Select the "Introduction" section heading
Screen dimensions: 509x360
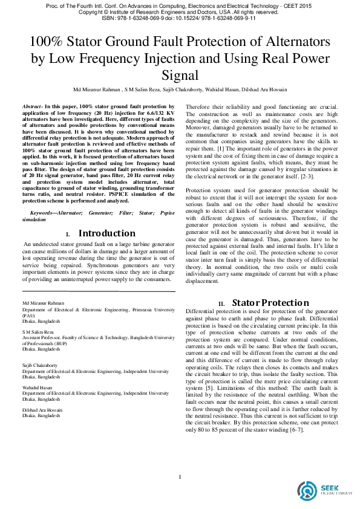[107, 233]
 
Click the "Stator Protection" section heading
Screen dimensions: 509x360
[270, 303]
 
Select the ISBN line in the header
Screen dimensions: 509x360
[180, 19]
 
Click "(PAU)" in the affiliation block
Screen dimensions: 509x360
[28, 316]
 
